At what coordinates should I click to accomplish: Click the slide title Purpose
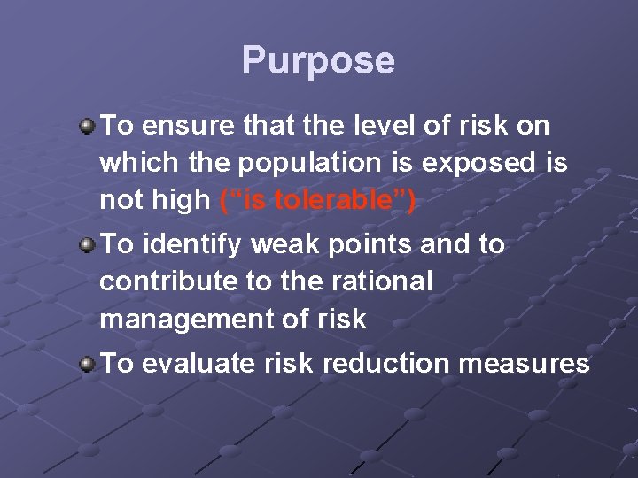[318, 61]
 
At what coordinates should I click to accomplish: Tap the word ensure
[181, 126]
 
